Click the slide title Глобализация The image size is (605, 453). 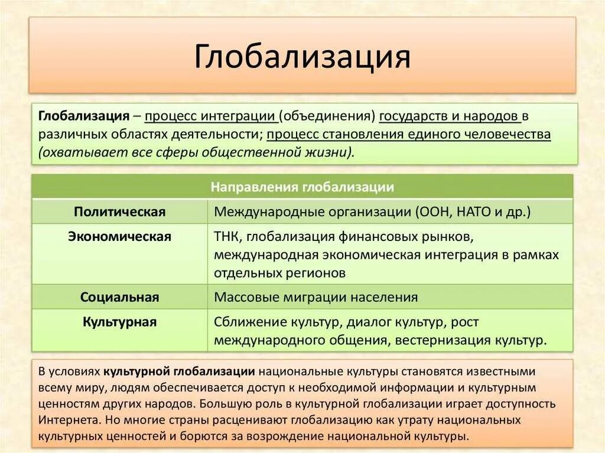point(302,57)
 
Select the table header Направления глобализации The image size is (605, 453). point(302,187)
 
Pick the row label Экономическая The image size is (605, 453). point(120,237)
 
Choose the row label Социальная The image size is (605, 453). point(120,297)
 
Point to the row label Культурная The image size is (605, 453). point(120,322)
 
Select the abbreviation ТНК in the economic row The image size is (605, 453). point(227,237)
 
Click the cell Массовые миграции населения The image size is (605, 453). point(316,297)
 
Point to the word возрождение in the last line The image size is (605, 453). point(320,437)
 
